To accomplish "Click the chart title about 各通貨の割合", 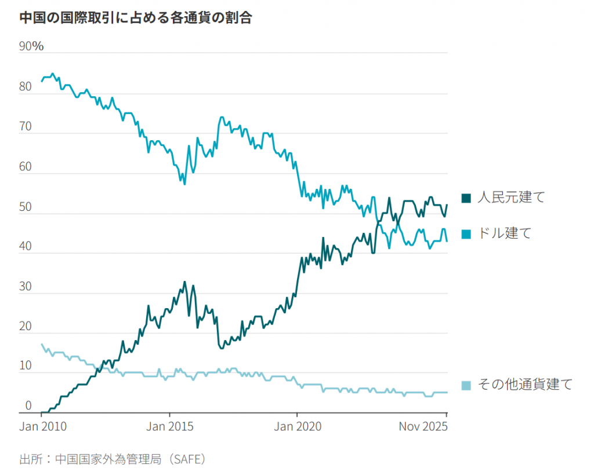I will pyautogui.click(x=136, y=18).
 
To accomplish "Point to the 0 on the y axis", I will pyautogui.click(x=28, y=406).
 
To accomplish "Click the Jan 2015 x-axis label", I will pyautogui.click(x=169, y=427).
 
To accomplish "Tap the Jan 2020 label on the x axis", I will pyautogui.click(x=297, y=427).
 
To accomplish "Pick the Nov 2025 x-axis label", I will pyautogui.click(x=423, y=427).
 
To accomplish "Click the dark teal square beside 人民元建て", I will pyautogui.click(x=466, y=198).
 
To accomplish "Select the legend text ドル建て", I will pyautogui.click(x=504, y=233).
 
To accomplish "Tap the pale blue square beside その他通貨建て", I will pyautogui.click(x=466, y=385).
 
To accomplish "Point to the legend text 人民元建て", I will pyautogui.click(x=511, y=198).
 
